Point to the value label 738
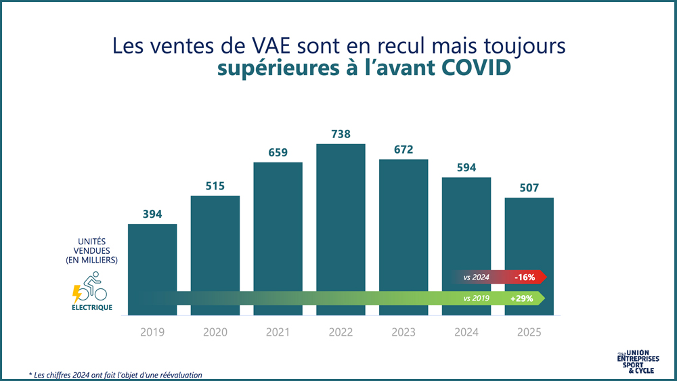click(341, 134)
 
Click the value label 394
click(152, 214)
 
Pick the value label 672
click(403, 150)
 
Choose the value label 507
click(529, 188)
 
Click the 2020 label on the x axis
click(215, 332)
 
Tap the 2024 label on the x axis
click(466, 332)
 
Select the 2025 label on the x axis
click(529, 332)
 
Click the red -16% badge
click(525, 277)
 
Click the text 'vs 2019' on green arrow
click(477, 298)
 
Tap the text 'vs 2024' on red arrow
click(477, 277)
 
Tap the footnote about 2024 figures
click(115, 374)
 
